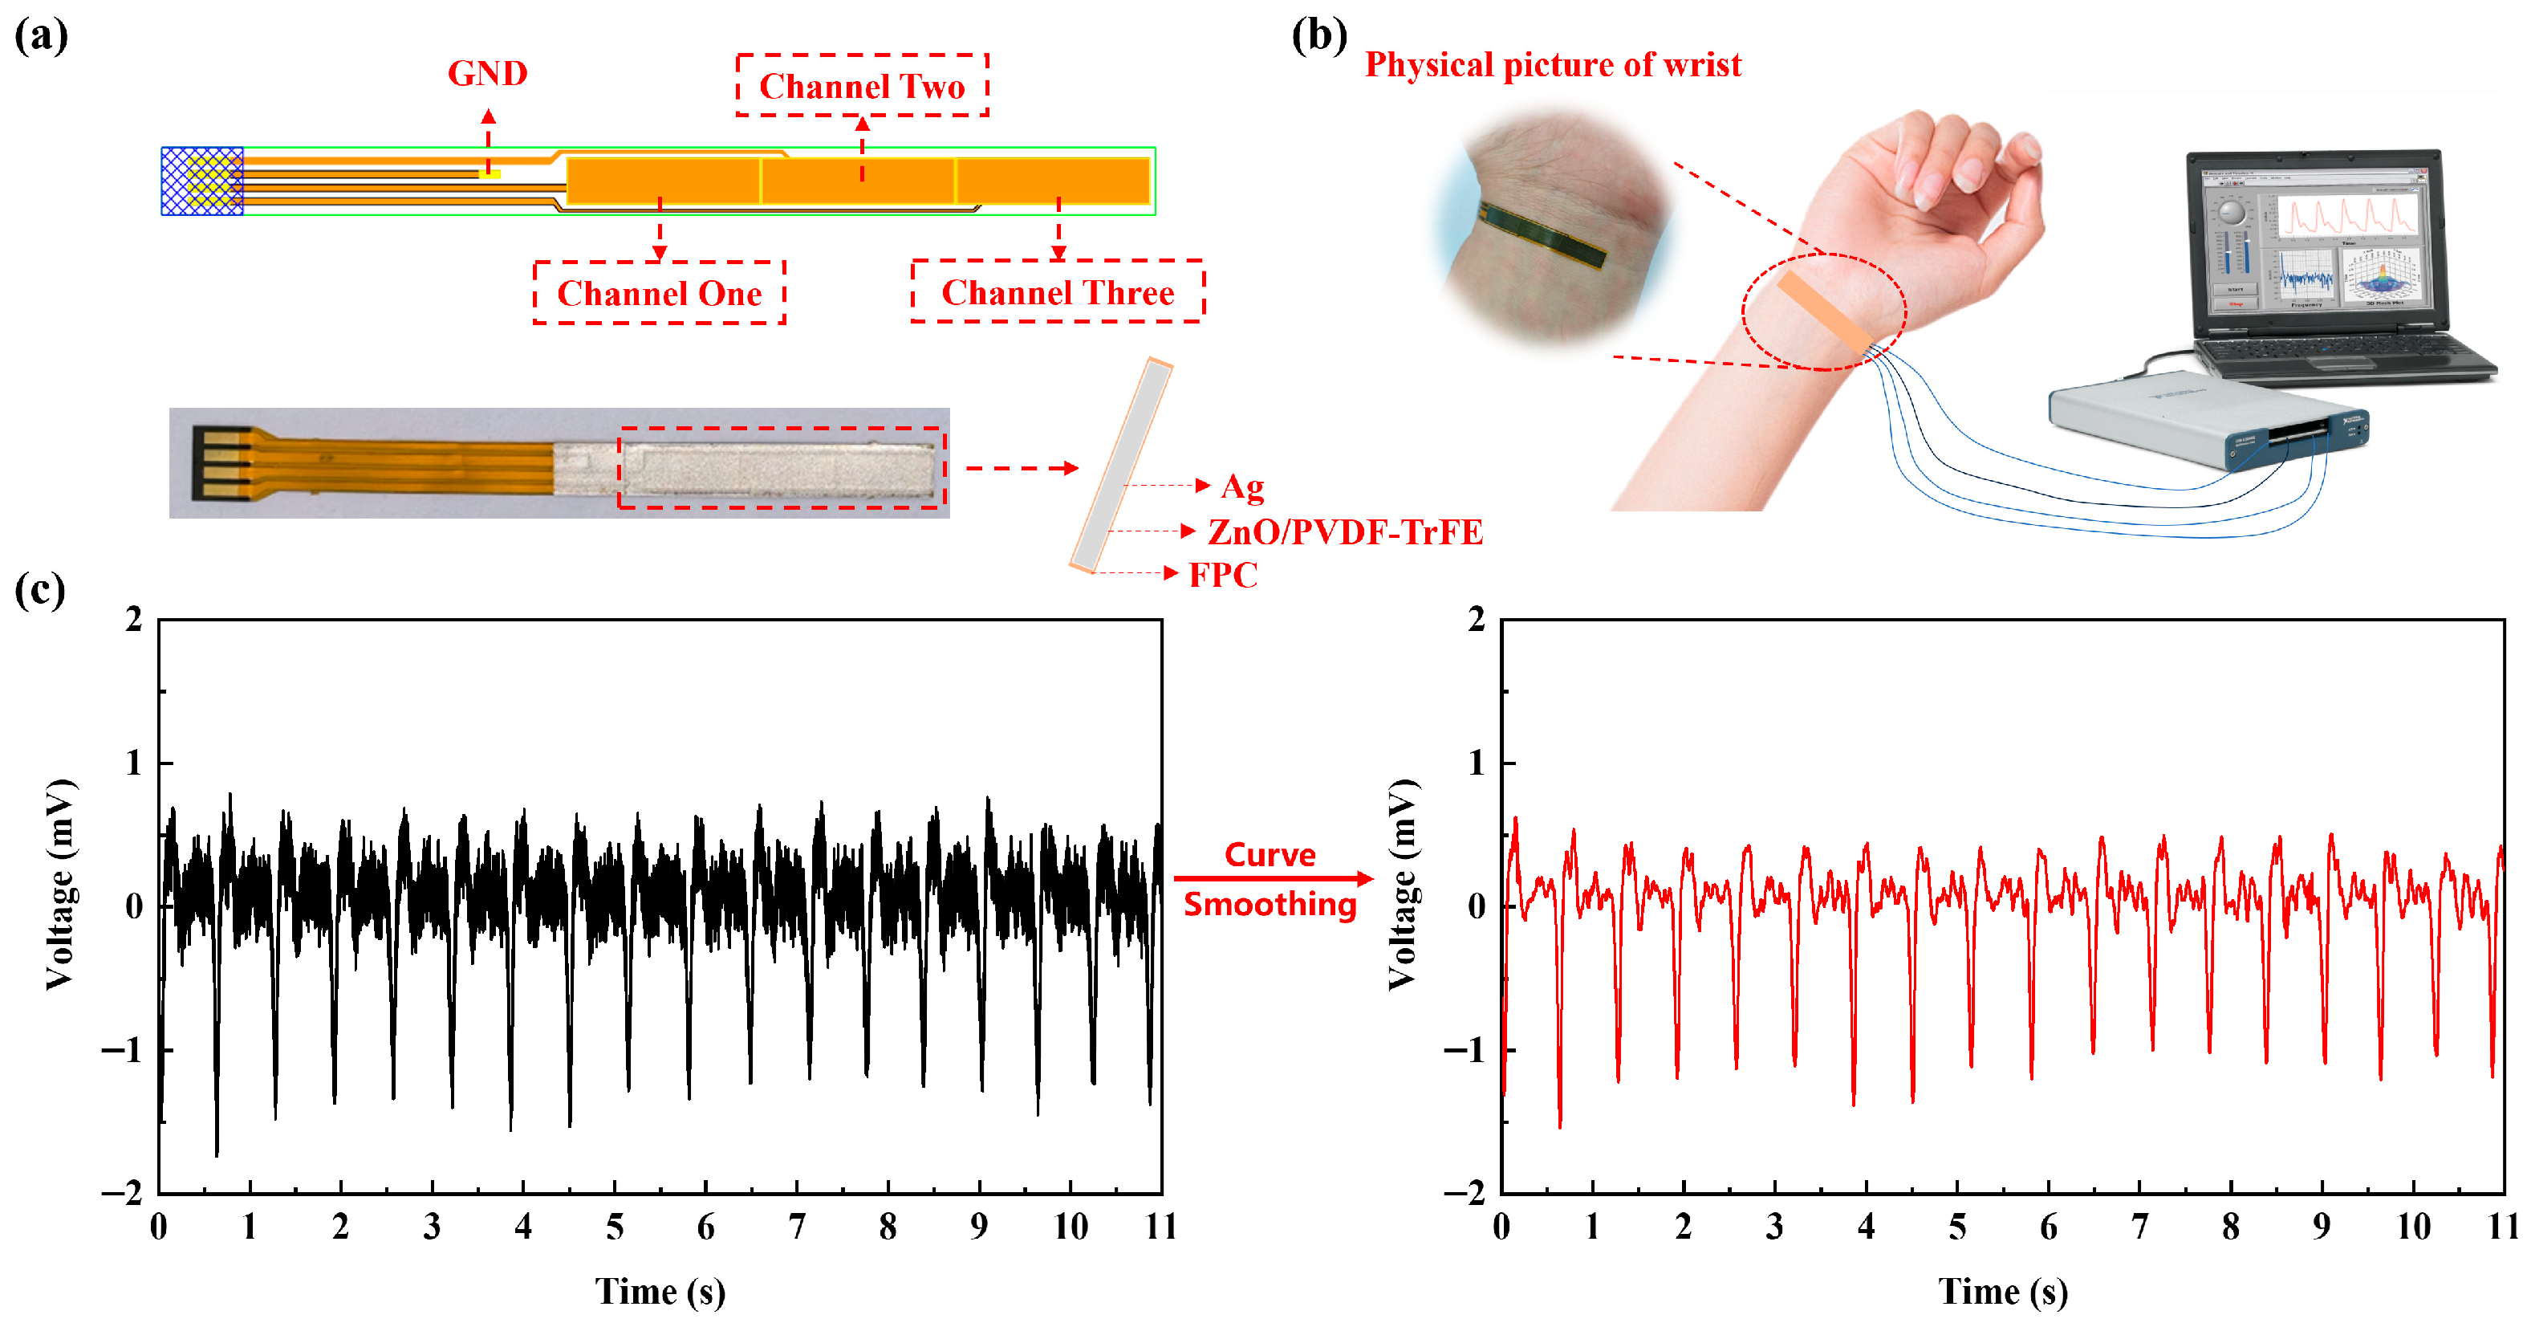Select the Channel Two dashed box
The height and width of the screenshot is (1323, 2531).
tap(862, 87)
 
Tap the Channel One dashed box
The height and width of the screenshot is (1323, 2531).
tap(660, 293)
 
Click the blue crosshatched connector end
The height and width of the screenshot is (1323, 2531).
tap(202, 181)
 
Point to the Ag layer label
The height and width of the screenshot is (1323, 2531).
tap(1242, 486)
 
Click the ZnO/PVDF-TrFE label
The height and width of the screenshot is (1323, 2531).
tap(1344, 531)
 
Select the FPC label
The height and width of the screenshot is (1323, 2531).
tap(1223, 575)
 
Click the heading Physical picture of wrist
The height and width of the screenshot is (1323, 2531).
tap(1553, 65)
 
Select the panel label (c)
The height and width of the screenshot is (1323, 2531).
tap(40, 590)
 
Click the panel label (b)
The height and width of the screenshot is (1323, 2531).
tap(1318, 35)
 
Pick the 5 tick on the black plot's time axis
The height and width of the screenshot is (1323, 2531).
tap(614, 1227)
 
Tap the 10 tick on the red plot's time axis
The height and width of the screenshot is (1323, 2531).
tap(2413, 1227)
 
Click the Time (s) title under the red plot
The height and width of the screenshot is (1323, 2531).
tap(2002, 1292)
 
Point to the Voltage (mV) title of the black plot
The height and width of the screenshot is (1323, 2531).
tap(61, 885)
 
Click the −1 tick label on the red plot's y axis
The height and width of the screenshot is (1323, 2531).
tap(1464, 1051)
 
